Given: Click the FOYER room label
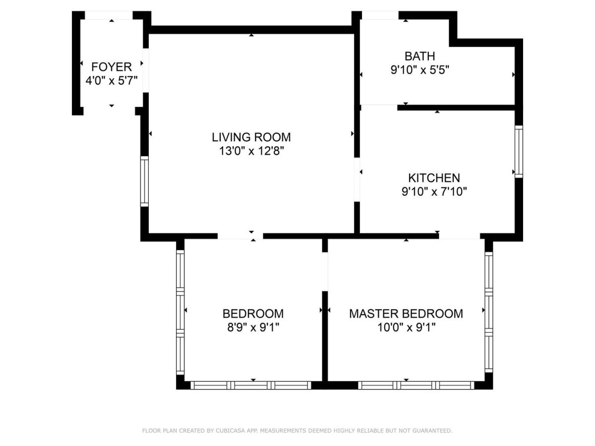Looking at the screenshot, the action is (x=112, y=67).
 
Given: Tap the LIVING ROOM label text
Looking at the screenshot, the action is (x=251, y=137).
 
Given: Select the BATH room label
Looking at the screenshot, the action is (x=419, y=56).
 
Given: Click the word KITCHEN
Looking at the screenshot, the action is (x=434, y=178).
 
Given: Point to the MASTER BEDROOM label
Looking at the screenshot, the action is (x=406, y=314).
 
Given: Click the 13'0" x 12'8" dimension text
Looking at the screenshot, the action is (x=251, y=151).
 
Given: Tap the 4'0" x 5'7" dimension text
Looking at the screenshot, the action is (x=112, y=81).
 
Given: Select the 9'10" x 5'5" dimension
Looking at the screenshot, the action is (x=419, y=70).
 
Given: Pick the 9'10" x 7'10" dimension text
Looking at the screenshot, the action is (x=434, y=192).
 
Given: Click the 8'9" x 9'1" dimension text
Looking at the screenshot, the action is (x=253, y=328).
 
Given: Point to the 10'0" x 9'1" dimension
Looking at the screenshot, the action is (x=406, y=328).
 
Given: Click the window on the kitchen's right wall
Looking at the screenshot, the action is (x=519, y=152).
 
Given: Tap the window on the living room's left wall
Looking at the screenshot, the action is (x=144, y=181).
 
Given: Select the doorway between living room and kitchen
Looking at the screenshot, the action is (x=357, y=179).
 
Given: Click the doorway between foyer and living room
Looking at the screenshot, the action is (x=146, y=70).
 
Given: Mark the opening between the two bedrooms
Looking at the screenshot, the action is (x=325, y=272).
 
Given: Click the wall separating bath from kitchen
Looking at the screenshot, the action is (x=456, y=108).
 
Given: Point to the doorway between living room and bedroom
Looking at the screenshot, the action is (x=240, y=236).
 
